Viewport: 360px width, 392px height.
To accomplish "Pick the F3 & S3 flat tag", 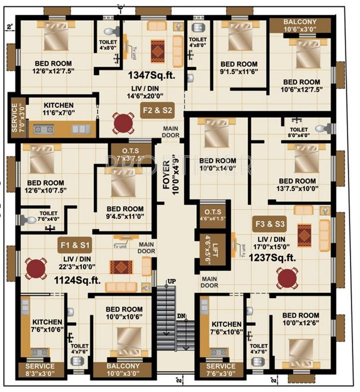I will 269,224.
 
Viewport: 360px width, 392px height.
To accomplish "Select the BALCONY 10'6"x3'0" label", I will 300,25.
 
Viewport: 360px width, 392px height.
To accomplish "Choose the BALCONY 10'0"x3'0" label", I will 123,370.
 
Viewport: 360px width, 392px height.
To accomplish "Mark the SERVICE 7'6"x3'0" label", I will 221,370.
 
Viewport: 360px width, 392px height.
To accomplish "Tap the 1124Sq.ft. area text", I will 77,279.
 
